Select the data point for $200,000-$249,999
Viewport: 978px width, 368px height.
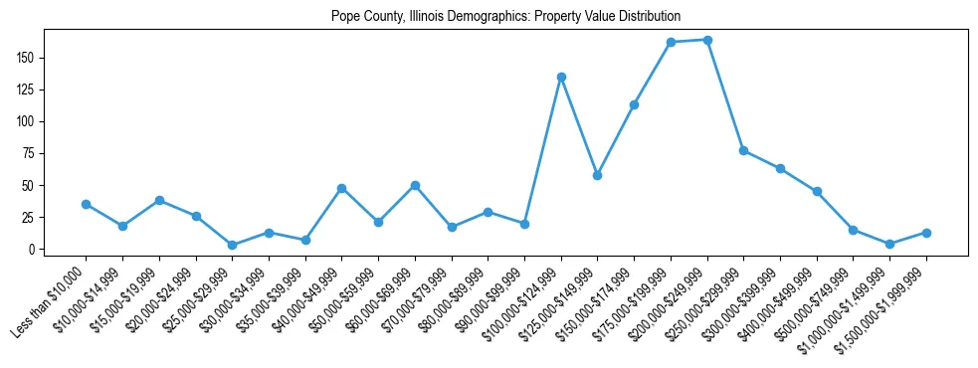pos(707,40)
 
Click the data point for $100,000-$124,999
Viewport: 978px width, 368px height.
pos(561,77)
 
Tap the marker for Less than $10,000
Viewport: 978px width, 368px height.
pos(86,204)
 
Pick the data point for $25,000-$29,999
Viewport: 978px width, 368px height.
pos(232,245)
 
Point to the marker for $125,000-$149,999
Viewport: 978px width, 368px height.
pos(597,175)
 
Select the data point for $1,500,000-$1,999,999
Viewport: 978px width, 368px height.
pos(926,233)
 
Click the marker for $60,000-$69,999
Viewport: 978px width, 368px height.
pos(415,185)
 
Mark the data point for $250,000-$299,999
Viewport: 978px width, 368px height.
pos(743,150)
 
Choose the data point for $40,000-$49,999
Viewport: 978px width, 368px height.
pos(341,188)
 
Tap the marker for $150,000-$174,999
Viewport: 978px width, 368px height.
pos(634,104)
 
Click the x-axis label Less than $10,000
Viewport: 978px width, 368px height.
pos(50,298)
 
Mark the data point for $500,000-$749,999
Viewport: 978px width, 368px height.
pos(853,230)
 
